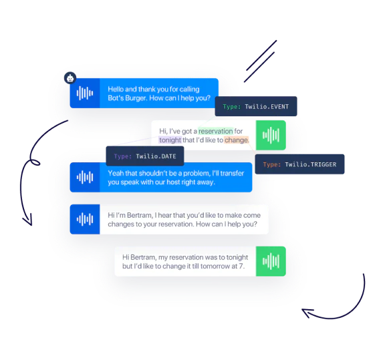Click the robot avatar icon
70,78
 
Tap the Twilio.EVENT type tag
256,106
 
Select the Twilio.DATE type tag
145,156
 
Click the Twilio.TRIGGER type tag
299,164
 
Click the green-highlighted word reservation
216,131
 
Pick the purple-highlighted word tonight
170,140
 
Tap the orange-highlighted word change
236,140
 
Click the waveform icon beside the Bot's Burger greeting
85,94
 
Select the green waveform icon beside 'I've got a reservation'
271,135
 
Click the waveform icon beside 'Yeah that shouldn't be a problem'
85,177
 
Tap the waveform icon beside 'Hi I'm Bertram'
85,219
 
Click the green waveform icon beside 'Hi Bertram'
271,261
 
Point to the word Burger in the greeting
136,98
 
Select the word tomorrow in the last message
219,266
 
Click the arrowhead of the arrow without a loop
307,313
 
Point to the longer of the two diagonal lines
261,55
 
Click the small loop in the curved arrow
35,162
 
